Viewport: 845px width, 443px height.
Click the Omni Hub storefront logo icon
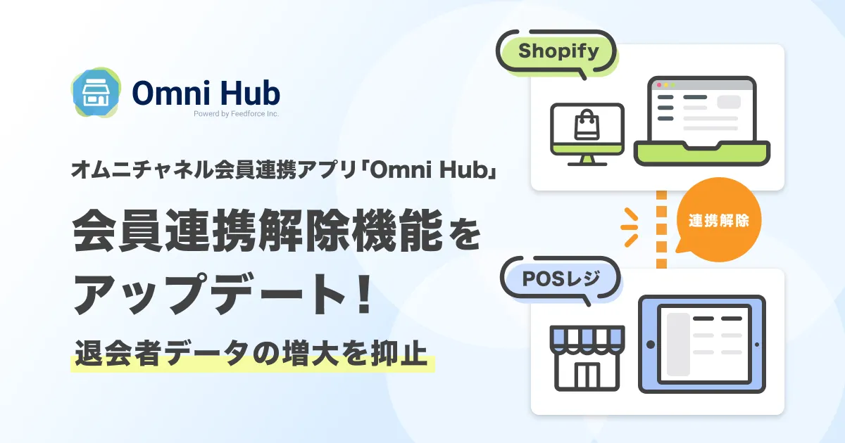tap(96, 92)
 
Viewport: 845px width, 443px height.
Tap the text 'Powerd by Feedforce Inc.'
tap(236, 114)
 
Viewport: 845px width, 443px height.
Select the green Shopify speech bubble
tap(557, 52)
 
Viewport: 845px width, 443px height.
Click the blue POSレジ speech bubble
tap(561, 280)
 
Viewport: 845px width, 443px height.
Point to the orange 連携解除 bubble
tap(718, 220)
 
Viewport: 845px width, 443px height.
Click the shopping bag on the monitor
tap(587, 124)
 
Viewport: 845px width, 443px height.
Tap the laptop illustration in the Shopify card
tap(701, 121)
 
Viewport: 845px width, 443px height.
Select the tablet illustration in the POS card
tap(701, 345)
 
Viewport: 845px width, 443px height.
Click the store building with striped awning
tap(587, 358)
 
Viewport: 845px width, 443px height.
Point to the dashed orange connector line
tap(661, 229)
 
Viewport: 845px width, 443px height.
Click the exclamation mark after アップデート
tap(364, 294)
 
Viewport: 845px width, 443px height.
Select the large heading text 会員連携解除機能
tap(257, 230)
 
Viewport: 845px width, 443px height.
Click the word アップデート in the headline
tap(209, 294)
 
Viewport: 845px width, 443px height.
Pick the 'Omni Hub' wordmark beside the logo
tap(206, 92)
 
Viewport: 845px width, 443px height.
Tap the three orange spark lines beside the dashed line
tap(630, 227)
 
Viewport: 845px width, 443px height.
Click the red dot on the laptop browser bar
tap(659, 85)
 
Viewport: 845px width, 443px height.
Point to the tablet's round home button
tap(651, 345)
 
